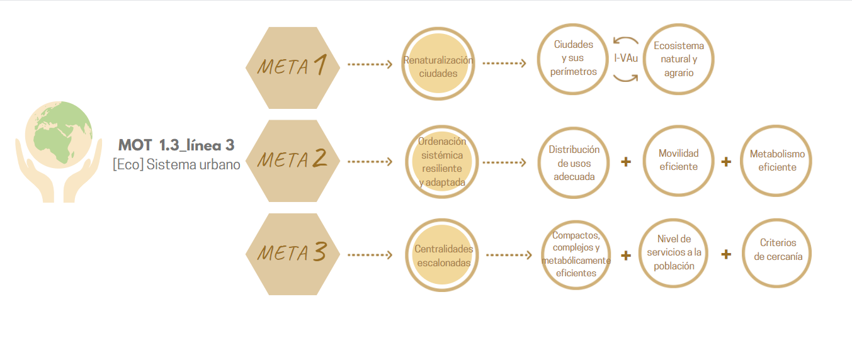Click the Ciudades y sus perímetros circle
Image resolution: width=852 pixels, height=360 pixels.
pyautogui.click(x=574, y=59)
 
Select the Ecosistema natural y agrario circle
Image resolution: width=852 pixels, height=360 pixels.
pyautogui.click(x=679, y=59)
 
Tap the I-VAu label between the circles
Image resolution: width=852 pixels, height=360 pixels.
pyautogui.click(x=626, y=59)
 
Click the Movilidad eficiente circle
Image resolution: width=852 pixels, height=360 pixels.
pyautogui.click(x=678, y=161)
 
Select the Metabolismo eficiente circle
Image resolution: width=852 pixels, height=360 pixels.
pyautogui.click(x=777, y=161)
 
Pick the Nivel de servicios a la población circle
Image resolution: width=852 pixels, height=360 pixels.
pyautogui.click(x=673, y=254)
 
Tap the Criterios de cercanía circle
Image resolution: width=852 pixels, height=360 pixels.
pyautogui.click(x=777, y=251)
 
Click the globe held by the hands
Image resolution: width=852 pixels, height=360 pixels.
pyautogui.click(x=59, y=134)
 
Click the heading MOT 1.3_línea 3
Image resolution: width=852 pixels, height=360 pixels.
pyautogui.click(x=176, y=146)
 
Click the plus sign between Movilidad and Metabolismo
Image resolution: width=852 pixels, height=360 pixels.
pyautogui.click(x=725, y=161)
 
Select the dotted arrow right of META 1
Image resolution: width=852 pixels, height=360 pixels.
pyautogui.click(x=370, y=64)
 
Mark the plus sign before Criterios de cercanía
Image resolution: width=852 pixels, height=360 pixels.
pyautogui.click(x=725, y=254)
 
